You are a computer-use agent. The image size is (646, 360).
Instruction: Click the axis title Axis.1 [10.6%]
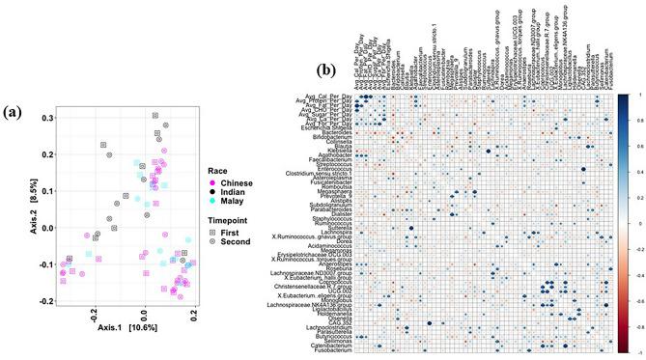coord(122,329)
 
